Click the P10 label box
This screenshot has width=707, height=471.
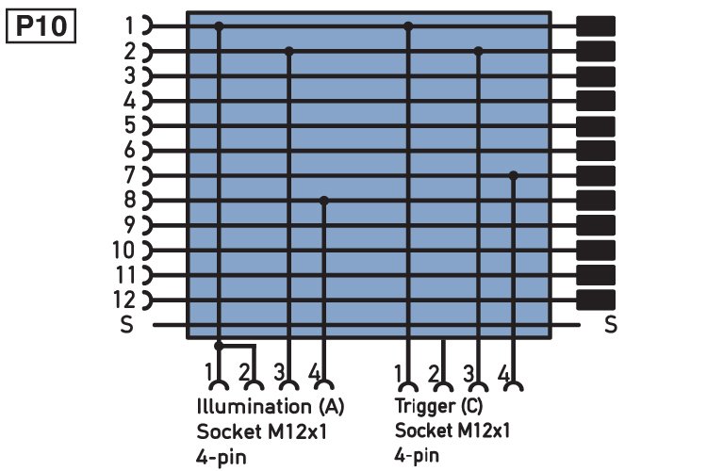tap(41, 26)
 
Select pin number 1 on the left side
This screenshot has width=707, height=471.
tap(130, 25)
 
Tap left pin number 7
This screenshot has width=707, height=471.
tap(129, 175)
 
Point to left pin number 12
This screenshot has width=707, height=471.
tap(124, 300)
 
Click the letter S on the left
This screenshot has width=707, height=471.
tap(126, 324)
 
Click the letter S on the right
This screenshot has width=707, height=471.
tap(611, 324)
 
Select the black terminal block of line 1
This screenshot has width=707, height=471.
tap(596, 25)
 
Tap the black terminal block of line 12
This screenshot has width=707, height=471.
tap(596, 300)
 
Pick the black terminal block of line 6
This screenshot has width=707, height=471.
tap(596, 151)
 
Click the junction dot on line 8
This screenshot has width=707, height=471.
tap(323, 200)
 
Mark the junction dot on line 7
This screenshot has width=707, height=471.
tap(513, 175)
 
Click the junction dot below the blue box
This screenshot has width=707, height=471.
tap(219, 346)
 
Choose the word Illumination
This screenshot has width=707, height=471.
tap(254, 406)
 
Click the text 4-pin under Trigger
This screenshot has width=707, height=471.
tap(416, 455)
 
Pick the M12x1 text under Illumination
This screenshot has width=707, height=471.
tap(297, 431)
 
